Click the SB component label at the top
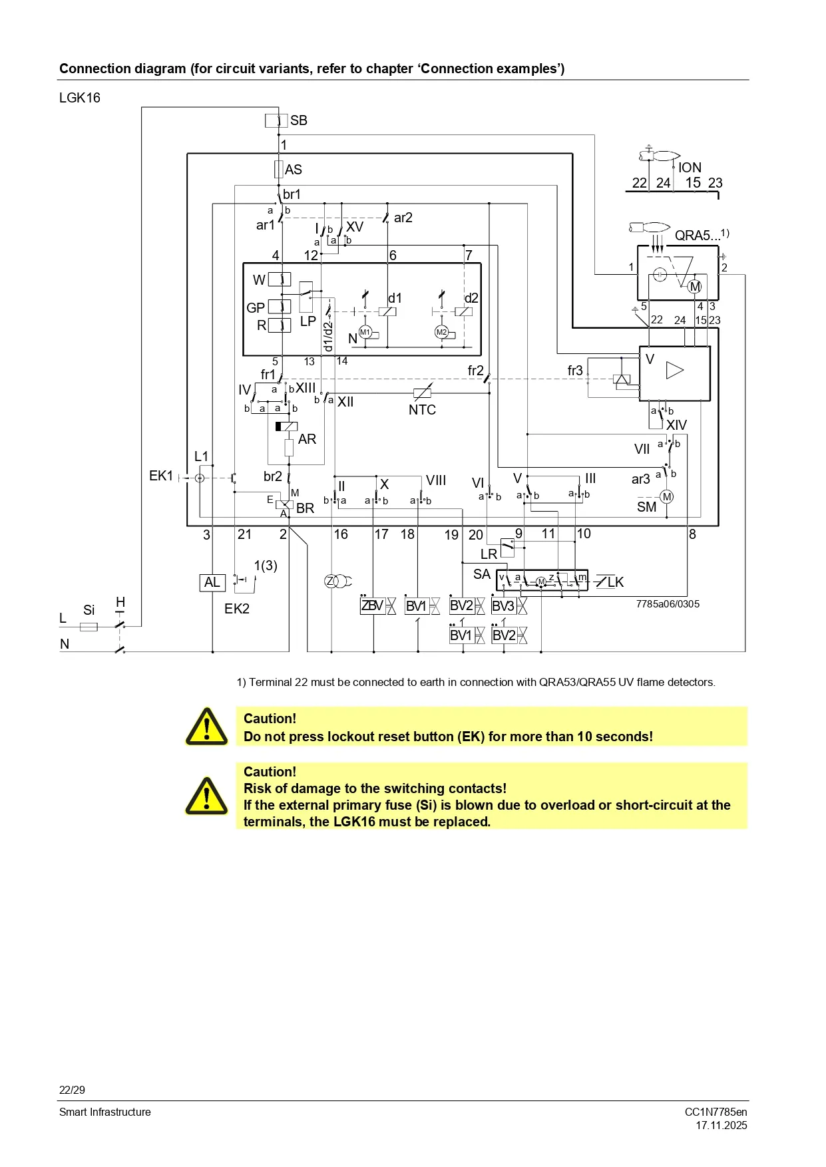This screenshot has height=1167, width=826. (x=298, y=120)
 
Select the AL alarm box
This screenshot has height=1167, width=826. (x=212, y=583)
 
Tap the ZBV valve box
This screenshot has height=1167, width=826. (x=372, y=606)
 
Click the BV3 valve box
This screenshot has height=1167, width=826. (x=503, y=606)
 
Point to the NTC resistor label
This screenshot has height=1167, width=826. (x=422, y=410)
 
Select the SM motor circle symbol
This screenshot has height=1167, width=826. (x=666, y=497)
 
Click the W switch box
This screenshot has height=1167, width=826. (x=280, y=280)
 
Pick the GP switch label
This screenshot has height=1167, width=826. (x=256, y=308)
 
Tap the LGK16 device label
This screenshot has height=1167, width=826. (x=80, y=98)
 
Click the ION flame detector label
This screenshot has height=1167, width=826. (x=690, y=168)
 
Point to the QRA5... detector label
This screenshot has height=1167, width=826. (x=698, y=236)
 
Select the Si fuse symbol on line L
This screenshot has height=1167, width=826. (x=89, y=627)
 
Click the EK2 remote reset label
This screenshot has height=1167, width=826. (x=237, y=609)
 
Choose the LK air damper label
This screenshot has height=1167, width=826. (x=616, y=583)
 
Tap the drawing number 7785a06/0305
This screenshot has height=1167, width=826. (x=668, y=604)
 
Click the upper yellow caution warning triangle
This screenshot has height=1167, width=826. (x=206, y=727)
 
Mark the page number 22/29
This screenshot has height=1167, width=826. (x=72, y=1090)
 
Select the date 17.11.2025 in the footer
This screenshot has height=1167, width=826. (x=722, y=1126)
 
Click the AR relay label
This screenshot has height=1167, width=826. (x=307, y=439)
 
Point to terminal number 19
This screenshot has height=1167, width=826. (x=451, y=535)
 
